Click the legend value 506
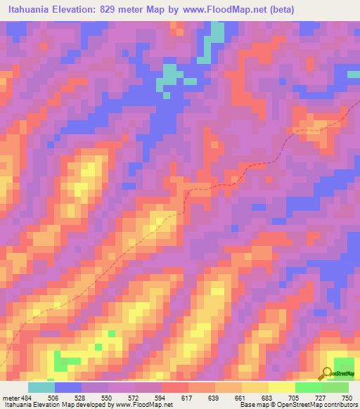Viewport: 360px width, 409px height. pyautogui.click(x=53, y=397)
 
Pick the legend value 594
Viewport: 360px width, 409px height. pyautogui.click(x=162, y=397)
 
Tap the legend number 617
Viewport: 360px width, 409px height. pyautogui.click(x=188, y=397)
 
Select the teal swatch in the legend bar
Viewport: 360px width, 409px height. pyautogui.click(x=41, y=387)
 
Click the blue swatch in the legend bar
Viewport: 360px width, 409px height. pyautogui.click(x=67, y=387)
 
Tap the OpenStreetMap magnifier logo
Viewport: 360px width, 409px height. pyautogui.click(x=328, y=372)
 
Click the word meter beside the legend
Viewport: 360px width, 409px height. pyautogui.click(x=8, y=397)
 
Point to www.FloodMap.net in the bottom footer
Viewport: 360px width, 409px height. pyautogui.click(x=146, y=405)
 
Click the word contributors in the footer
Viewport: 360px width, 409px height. pyautogui.click(x=340, y=405)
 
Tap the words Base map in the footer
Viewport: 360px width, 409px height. pyautogui.click(x=251, y=405)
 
